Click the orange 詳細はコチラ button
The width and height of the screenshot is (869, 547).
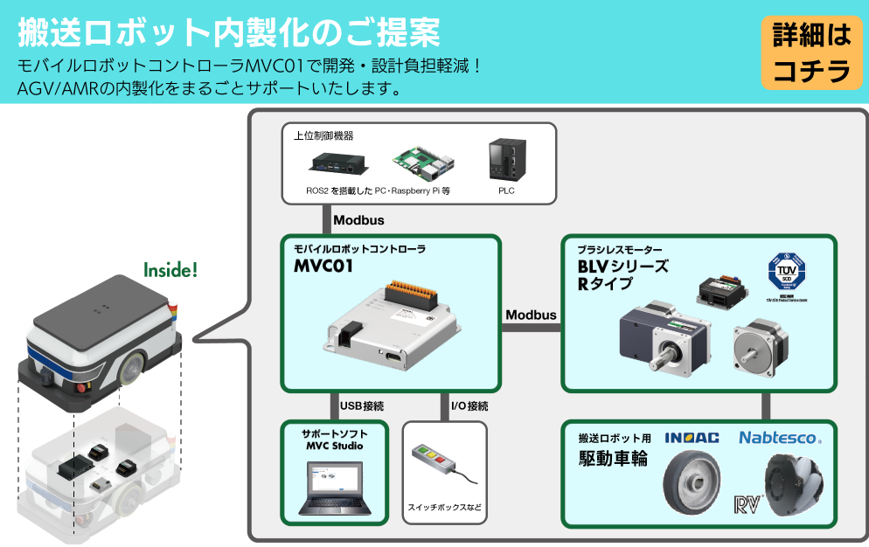(811, 52)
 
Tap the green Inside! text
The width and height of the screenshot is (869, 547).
(170, 270)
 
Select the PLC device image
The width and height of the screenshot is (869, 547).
(506, 160)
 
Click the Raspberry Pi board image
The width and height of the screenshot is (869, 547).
(423, 159)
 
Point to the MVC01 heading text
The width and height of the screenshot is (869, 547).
(323, 267)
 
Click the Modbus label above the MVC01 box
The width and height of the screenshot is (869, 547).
(358, 220)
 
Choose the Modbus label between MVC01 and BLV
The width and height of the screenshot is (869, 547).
(531, 315)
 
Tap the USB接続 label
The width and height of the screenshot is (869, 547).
(362, 406)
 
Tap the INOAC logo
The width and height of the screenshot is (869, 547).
(692, 438)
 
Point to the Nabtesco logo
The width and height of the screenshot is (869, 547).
(780, 437)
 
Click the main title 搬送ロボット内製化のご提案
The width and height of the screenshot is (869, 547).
(228, 32)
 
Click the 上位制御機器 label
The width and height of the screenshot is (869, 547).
(323, 136)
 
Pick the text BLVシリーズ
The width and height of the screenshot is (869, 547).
(622, 267)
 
